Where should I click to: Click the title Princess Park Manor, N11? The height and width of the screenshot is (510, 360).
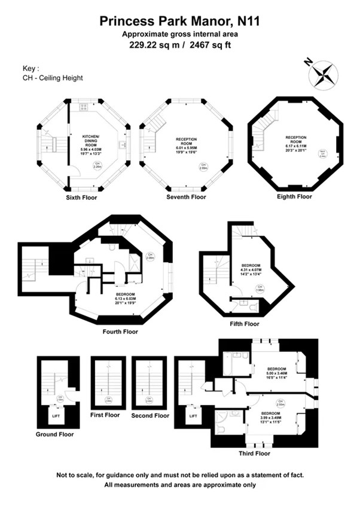point(180,22)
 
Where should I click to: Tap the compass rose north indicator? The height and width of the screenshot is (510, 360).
point(324,74)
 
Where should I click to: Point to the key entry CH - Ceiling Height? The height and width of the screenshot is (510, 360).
point(52,78)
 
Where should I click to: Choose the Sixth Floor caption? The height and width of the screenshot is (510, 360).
point(83,197)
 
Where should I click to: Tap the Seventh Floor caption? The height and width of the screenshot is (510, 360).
point(186,197)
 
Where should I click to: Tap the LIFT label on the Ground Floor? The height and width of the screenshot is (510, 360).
point(55,414)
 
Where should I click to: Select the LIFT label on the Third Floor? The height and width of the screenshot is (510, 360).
point(193,415)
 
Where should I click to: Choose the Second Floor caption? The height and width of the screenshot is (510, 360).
point(150,415)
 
